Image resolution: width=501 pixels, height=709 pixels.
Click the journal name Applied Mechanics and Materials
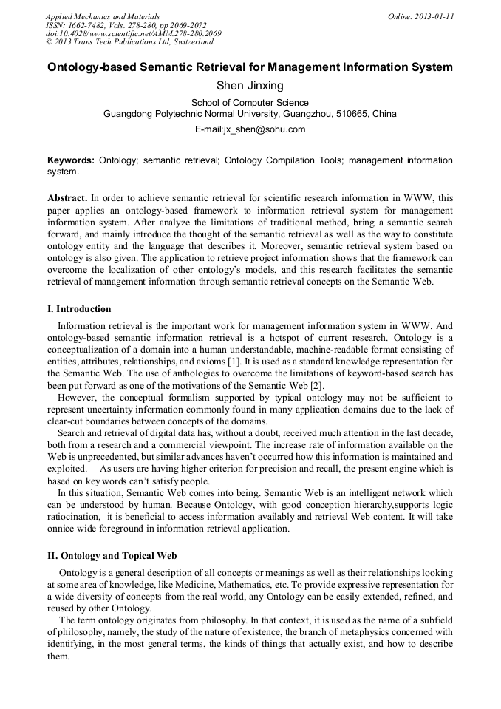coord(103,16)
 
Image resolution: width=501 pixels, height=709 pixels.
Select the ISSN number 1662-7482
coord(87,25)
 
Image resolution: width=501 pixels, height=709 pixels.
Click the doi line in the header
coord(133,34)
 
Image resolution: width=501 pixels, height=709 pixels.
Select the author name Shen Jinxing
coord(250,86)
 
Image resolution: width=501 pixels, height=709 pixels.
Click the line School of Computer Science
coord(250,103)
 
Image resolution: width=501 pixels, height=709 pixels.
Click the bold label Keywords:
coord(71,160)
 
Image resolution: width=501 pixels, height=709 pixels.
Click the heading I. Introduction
coord(79,309)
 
